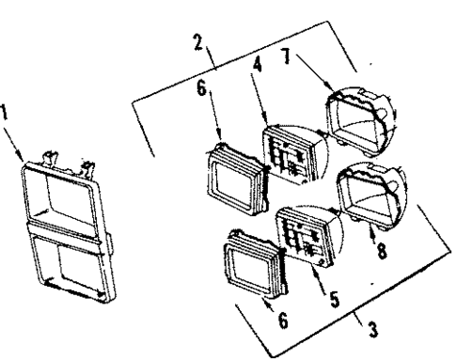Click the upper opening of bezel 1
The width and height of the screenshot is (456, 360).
[63, 196]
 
